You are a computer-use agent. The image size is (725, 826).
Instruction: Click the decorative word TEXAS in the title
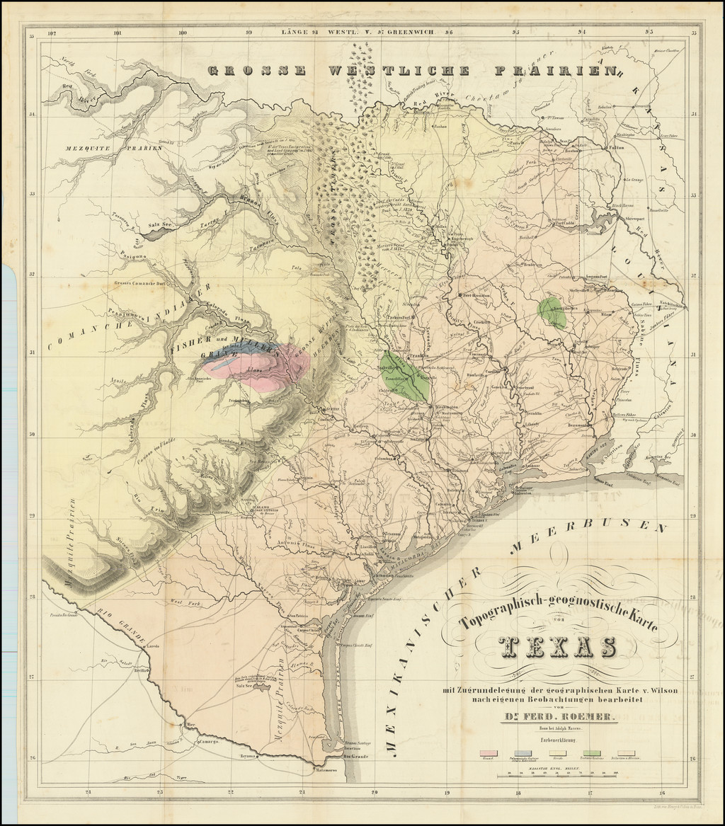pos(556,647)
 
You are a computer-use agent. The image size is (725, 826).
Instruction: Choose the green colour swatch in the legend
pos(591,754)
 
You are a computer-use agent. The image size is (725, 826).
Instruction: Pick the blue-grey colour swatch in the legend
pos(523,754)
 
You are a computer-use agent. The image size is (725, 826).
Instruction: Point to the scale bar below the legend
pos(557,774)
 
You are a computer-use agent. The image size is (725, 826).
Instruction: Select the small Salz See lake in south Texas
pos(245,684)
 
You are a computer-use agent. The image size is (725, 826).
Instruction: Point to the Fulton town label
pos(615,149)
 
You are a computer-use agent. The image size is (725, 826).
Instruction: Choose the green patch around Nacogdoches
pos(552,312)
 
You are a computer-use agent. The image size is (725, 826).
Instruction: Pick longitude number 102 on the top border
pos(51,32)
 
